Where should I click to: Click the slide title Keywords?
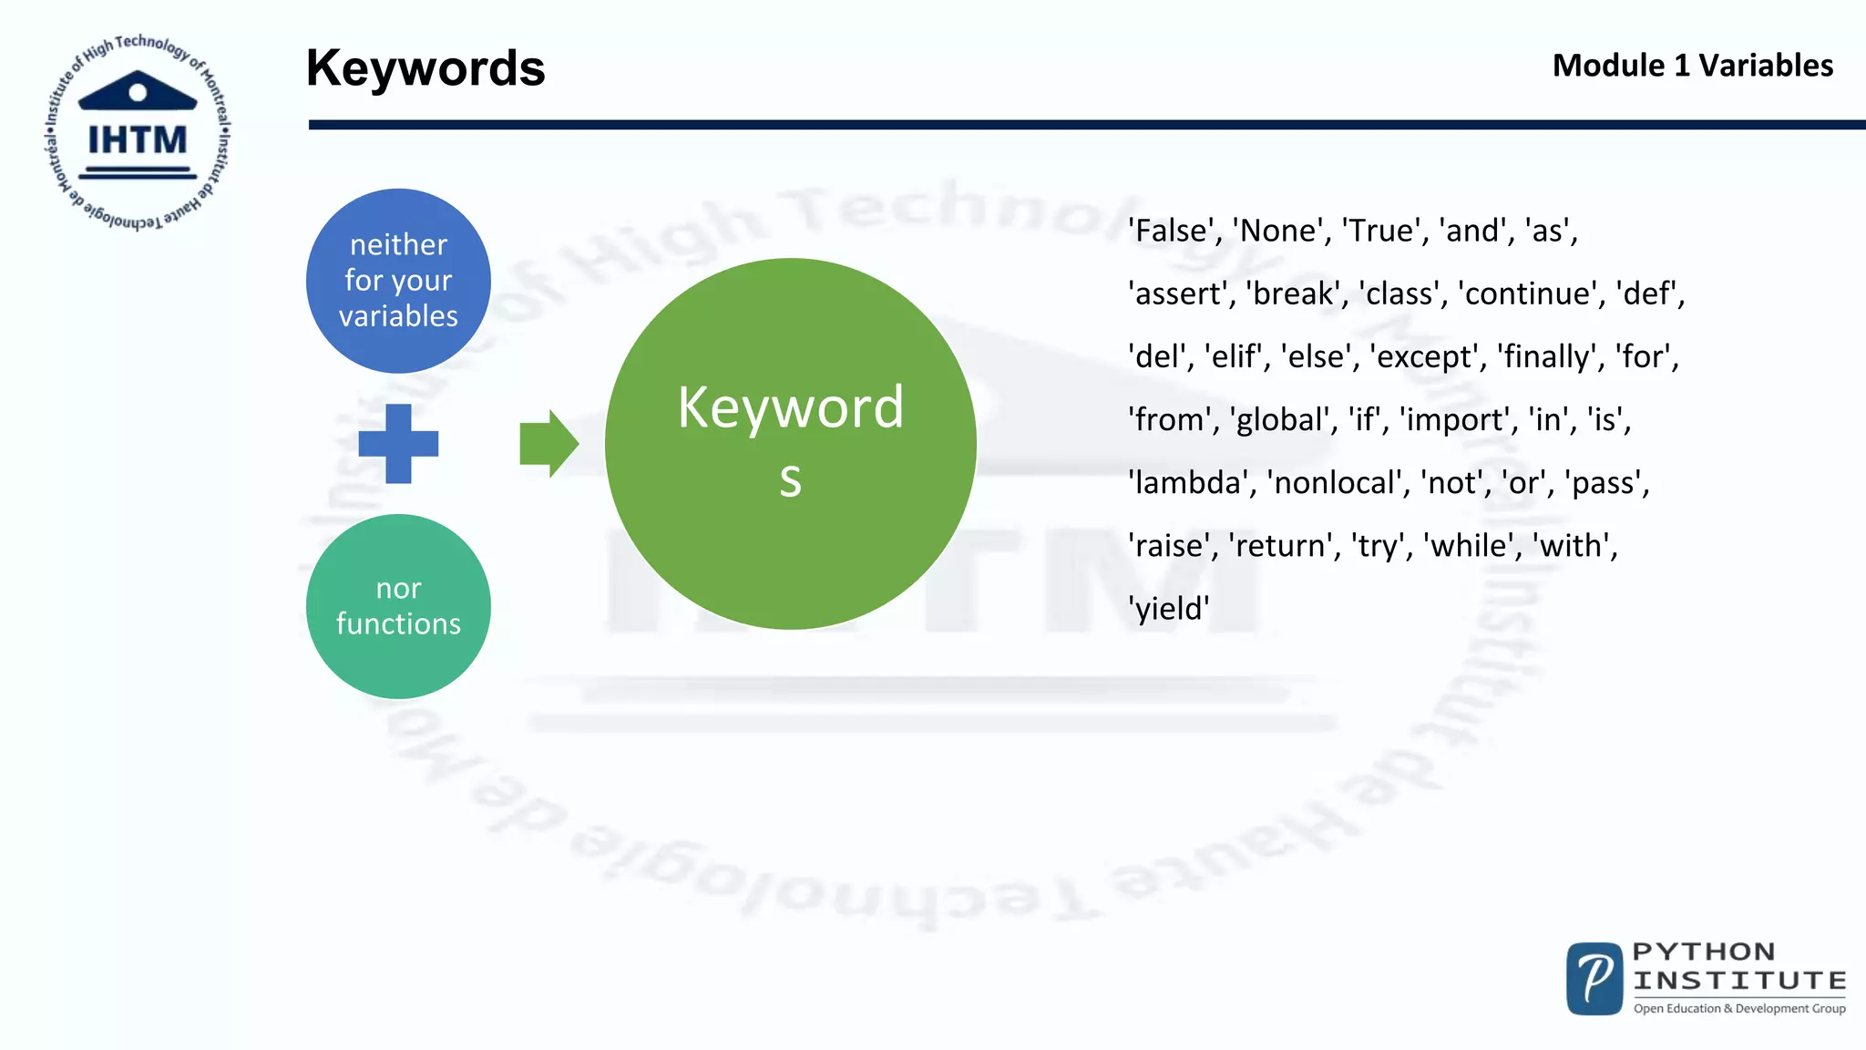click(425, 68)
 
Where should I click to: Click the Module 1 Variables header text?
click(1692, 66)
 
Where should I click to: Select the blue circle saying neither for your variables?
click(398, 281)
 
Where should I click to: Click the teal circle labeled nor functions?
click(398, 606)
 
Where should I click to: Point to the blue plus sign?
click(398, 444)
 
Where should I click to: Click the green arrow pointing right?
click(549, 444)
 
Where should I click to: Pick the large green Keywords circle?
click(790, 444)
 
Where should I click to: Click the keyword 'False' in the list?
click(1175, 231)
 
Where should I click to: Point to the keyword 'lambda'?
click(1189, 482)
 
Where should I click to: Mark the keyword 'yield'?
click(1169, 608)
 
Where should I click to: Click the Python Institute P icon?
click(1594, 979)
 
